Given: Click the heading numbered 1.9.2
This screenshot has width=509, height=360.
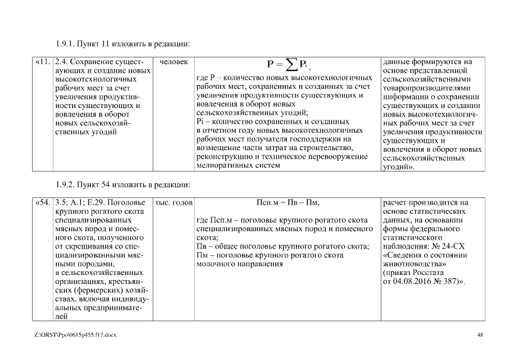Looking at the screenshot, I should [123, 184].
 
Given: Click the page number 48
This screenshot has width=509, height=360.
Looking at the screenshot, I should [480, 335].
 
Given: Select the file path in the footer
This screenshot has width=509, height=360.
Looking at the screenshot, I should [75, 335].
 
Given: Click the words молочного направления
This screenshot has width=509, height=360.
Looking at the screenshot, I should [239, 263].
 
